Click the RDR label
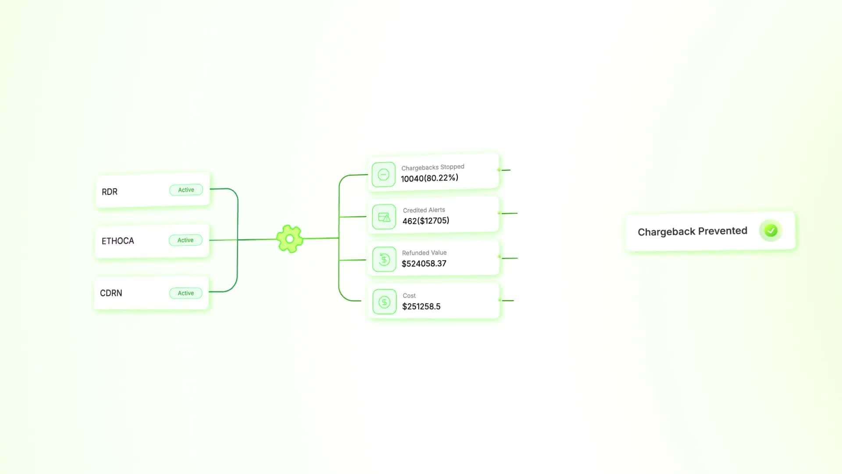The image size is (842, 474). tap(110, 192)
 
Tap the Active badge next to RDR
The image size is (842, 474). tap(186, 190)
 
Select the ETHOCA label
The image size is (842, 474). tap(118, 241)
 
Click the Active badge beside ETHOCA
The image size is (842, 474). tap(186, 240)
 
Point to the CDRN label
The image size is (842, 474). tap(111, 293)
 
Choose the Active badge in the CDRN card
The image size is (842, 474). tap(186, 293)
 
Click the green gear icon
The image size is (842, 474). tap(289, 239)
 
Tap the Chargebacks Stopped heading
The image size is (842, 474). tap(432, 167)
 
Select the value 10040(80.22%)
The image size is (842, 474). tap(429, 178)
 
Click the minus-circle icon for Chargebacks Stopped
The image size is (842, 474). tap(383, 175)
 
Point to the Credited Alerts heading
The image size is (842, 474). tap(424, 210)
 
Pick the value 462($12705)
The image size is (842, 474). tap(425, 221)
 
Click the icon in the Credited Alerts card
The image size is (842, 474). tap(384, 217)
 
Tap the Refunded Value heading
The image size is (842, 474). tap(424, 253)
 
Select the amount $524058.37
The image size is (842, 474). tap(424, 263)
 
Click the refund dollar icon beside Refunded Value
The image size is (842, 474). tap(384, 259)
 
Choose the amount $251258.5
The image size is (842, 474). tap(421, 306)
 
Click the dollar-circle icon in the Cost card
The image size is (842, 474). tap(384, 302)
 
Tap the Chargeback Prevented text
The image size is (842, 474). tap(692, 231)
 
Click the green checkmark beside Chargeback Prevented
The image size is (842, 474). tap(771, 230)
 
